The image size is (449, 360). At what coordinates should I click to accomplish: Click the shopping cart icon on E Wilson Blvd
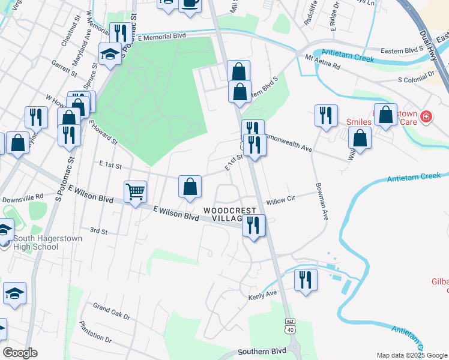tap(135, 192)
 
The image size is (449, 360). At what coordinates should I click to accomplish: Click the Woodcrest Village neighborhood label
tap(231, 215)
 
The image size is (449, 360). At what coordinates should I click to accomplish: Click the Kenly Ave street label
tap(262, 295)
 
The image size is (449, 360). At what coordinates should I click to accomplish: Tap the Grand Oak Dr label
tap(111, 311)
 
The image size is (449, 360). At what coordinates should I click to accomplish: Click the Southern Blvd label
tap(261, 352)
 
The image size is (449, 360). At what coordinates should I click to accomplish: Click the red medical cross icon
tap(426, 116)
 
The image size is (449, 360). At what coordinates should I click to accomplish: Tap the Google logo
tap(20, 353)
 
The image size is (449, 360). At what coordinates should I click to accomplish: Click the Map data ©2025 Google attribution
tap(411, 355)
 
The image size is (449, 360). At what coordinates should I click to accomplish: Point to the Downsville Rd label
tap(23, 197)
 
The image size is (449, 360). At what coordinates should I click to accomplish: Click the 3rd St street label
tap(98, 230)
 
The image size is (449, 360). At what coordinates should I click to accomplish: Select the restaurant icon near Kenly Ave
tap(306, 280)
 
